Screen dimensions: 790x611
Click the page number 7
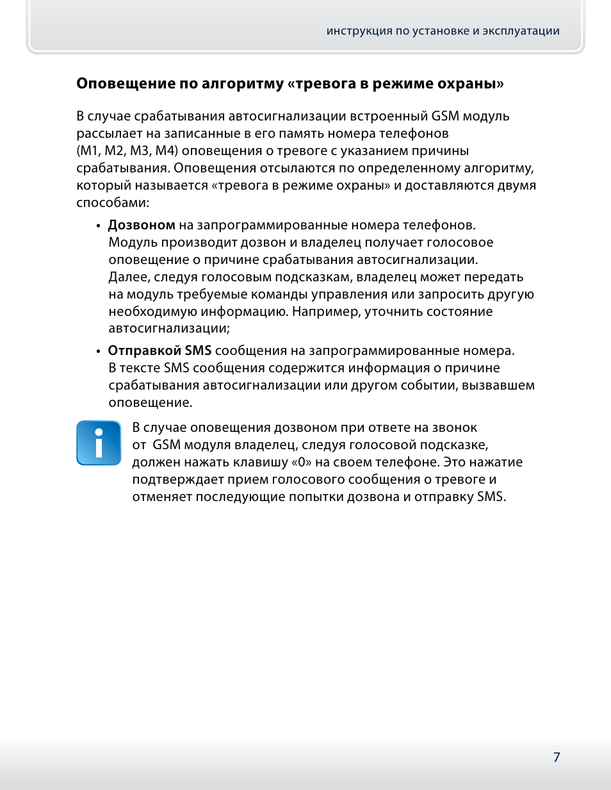[557, 757]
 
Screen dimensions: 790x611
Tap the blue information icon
[99, 443]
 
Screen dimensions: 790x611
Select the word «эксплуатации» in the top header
[521, 31]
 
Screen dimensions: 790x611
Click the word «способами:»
[113, 203]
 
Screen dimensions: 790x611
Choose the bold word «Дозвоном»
[142, 226]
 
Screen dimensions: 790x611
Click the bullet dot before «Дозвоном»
[98, 226]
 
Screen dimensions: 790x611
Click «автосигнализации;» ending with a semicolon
[169, 329]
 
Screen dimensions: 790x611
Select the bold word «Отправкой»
[145, 351]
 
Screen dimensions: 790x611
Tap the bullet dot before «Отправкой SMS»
[98, 352]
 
